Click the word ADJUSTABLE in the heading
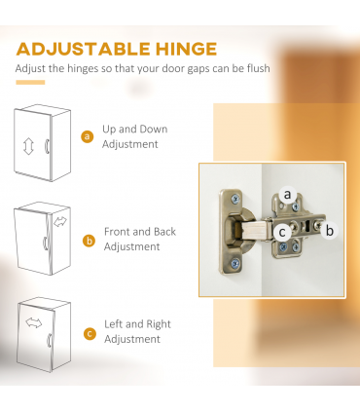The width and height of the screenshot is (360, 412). tap(84, 49)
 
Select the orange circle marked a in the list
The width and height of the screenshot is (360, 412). tap(87, 136)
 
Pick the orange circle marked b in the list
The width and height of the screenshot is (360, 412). tap(89, 241)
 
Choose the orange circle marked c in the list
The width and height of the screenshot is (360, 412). tap(90, 334)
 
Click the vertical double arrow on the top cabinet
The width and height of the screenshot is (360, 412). tap(28, 146)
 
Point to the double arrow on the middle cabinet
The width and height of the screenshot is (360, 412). tap(60, 222)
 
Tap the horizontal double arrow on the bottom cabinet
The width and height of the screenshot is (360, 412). tap(34, 322)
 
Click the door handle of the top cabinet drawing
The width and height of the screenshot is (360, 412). tap(47, 146)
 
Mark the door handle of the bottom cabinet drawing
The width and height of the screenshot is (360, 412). tap(50, 340)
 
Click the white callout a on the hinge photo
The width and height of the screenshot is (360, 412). tap(287, 195)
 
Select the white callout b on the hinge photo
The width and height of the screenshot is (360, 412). tap(329, 231)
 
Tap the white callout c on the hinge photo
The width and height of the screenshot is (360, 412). tap(282, 232)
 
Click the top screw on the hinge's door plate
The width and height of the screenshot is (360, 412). tap(235, 199)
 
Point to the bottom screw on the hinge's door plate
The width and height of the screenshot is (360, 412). tap(235, 263)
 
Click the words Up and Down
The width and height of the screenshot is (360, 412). tap(135, 130)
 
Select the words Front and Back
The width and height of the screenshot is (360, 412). tap(140, 232)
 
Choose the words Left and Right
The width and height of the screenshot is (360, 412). tap(137, 324)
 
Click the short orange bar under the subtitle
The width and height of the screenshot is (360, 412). tap(30, 83)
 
